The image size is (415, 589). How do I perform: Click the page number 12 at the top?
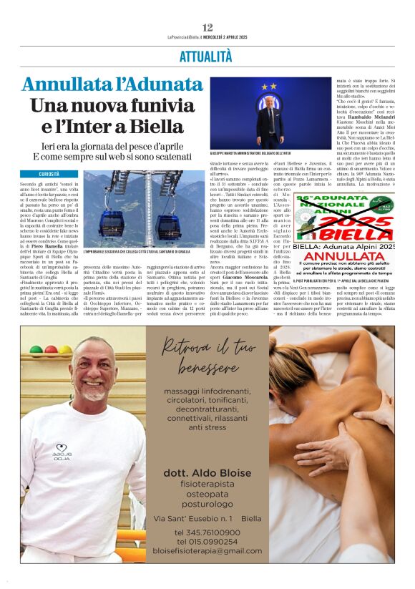[x=207, y=27]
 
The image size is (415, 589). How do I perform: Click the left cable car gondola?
[x=112, y=223]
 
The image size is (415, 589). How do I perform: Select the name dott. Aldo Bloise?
[x=207, y=474]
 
